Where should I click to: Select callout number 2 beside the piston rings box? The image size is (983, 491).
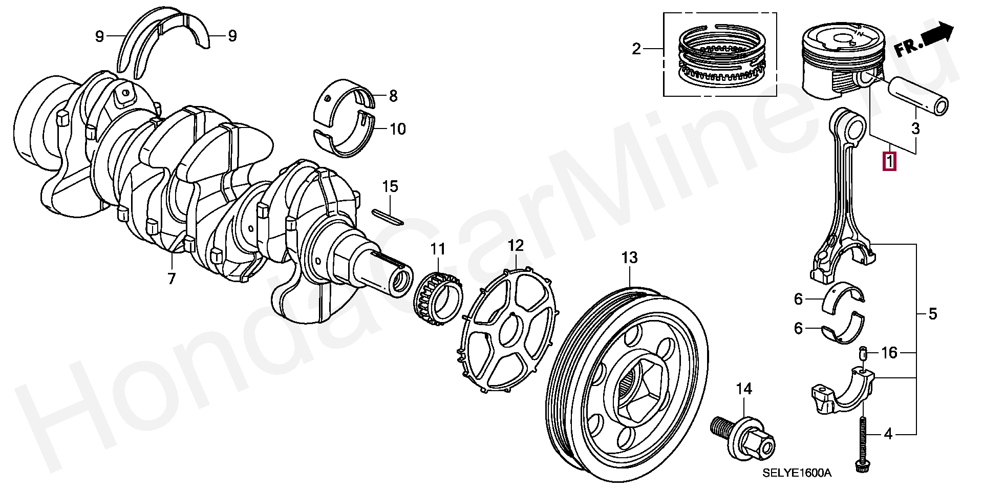[x=636, y=49]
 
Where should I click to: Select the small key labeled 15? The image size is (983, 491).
[x=388, y=216]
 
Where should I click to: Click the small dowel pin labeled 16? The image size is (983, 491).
[x=862, y=353]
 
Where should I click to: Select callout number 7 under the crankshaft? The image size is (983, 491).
[x=171, y=279]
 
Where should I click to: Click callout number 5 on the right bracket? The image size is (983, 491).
[x=933, y=314]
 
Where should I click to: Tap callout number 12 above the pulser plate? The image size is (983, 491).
[x=516, y=246]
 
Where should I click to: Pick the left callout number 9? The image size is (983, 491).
[x=100, y=36]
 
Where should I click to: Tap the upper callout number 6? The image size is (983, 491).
[x=798, y=298]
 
